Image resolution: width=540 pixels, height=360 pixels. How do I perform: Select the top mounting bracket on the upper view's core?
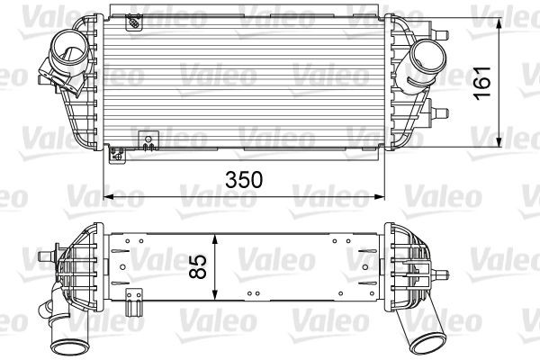[x=132, y=18]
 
